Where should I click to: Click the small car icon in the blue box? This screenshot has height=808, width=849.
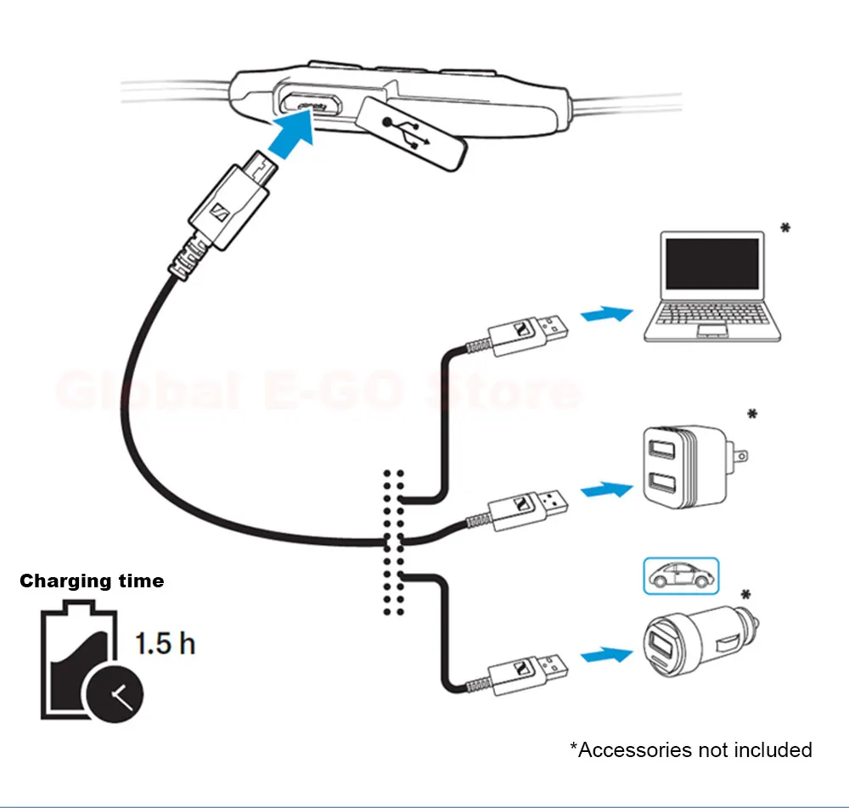[681, 576]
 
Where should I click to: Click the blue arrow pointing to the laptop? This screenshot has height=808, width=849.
[606, 314]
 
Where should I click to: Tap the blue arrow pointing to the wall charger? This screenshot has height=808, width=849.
[606, 489]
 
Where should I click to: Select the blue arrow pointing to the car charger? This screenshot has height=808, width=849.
[606, 654]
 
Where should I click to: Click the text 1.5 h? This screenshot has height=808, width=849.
[166, 643]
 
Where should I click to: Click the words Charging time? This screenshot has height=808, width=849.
[92, 581]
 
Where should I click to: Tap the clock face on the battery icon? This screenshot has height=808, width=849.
[114, 695]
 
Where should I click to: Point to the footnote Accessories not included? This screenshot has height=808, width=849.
[690, 749]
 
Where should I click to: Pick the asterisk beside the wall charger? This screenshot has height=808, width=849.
[751, 415]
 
